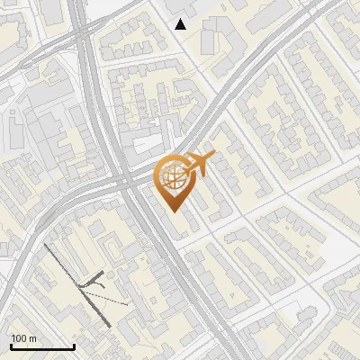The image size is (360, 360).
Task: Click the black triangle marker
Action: coord(181,24)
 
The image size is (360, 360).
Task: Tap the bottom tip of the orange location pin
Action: coord(174,211)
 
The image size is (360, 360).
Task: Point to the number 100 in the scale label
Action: coord(20,338)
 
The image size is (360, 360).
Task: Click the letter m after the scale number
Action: coord(33,338)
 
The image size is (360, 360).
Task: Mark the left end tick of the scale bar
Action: coord(11,346)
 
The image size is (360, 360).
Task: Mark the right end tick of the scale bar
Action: coord(74,346)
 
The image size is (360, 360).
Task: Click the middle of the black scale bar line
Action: coord(42,347)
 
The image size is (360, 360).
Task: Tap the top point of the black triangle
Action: coord(181,19)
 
